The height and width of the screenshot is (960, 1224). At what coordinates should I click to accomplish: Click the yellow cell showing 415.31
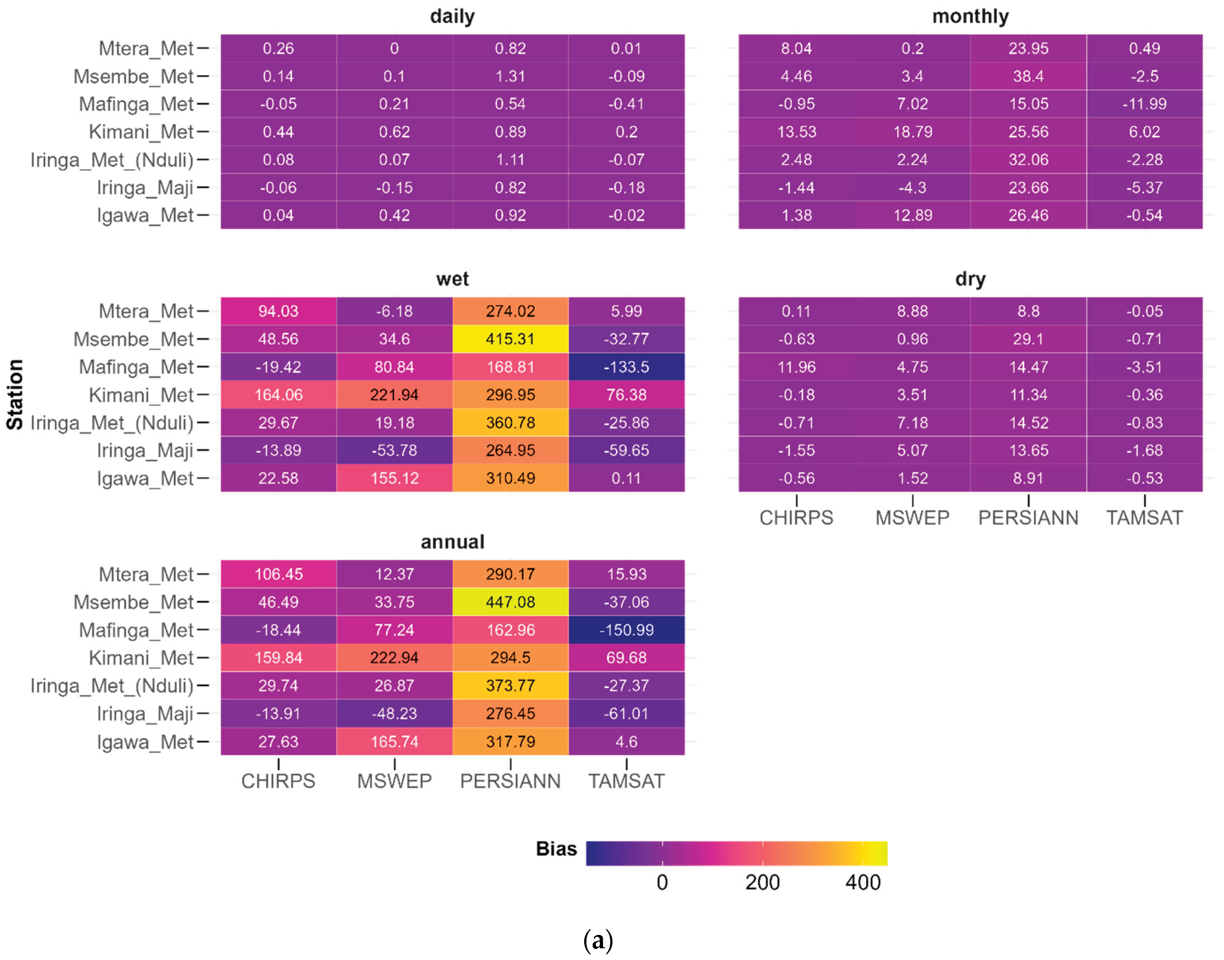click(510, 339)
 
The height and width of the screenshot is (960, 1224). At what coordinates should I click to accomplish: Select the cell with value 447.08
click(510, 602)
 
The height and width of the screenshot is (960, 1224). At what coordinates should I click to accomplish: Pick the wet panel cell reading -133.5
click(626, 367)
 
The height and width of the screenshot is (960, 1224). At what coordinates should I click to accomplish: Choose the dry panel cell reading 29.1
click(1028, 339)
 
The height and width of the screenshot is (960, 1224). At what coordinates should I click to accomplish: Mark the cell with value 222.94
click(394, 658)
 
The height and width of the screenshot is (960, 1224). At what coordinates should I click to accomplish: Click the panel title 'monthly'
click(970, 16)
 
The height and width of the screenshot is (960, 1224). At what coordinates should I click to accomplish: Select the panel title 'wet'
click(452, 279)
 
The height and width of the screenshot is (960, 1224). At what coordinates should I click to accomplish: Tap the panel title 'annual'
click(452, 542)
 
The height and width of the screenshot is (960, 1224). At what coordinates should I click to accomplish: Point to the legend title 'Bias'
click(556, 849)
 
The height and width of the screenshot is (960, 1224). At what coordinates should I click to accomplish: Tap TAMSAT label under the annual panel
click(626, 781)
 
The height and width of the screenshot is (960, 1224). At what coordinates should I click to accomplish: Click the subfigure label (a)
click(598, 940)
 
